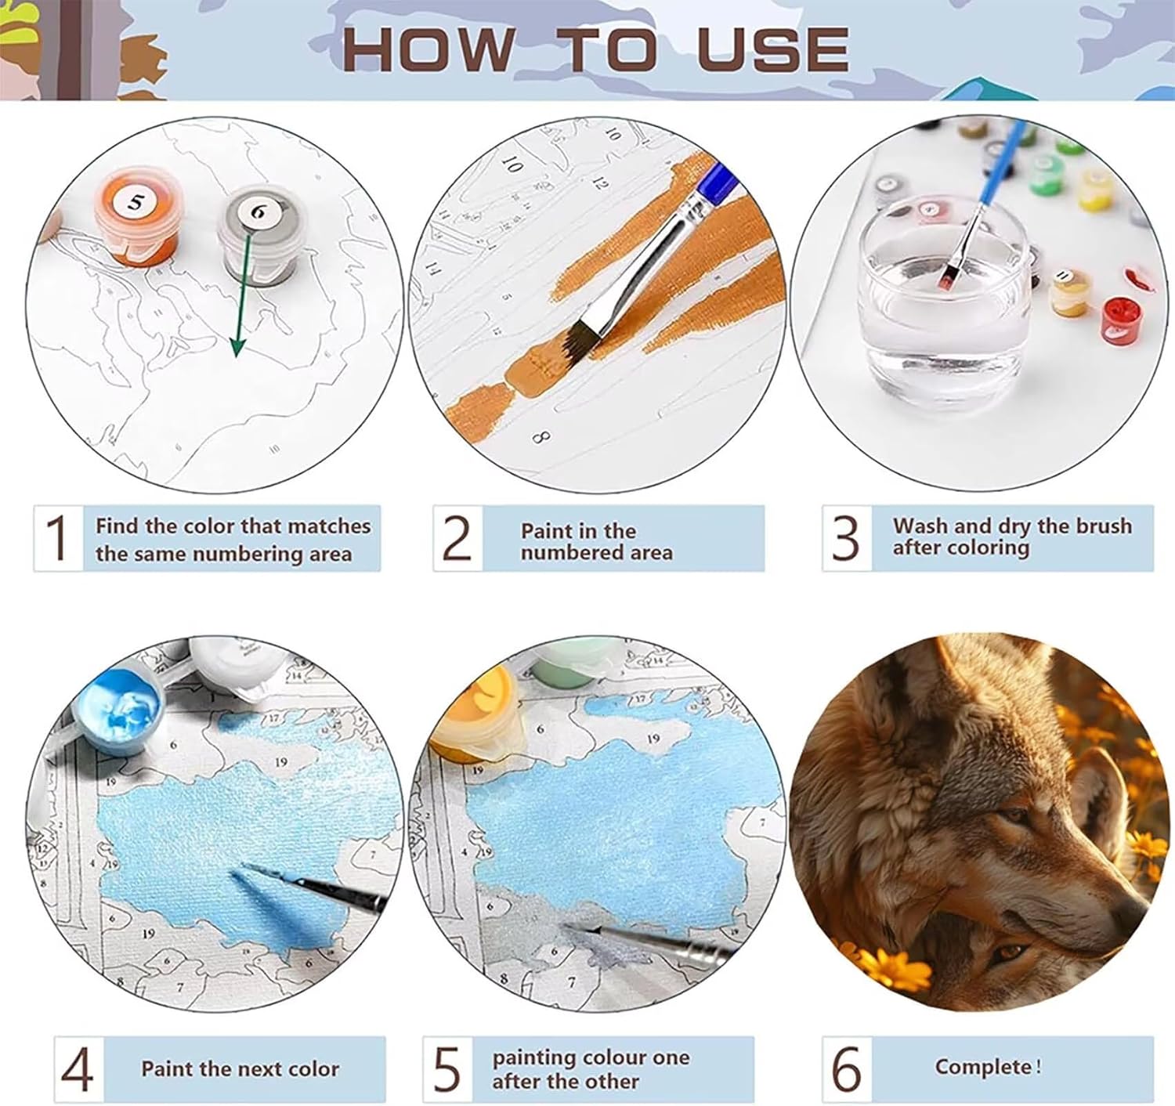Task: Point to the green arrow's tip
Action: [237, 356]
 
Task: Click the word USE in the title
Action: [772, 49]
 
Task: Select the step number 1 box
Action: [59, 538]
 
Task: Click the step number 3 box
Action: [847, 538]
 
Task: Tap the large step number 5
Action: [446, 1068]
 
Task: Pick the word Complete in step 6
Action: [983, 1067]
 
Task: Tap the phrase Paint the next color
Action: [240, 1068]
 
